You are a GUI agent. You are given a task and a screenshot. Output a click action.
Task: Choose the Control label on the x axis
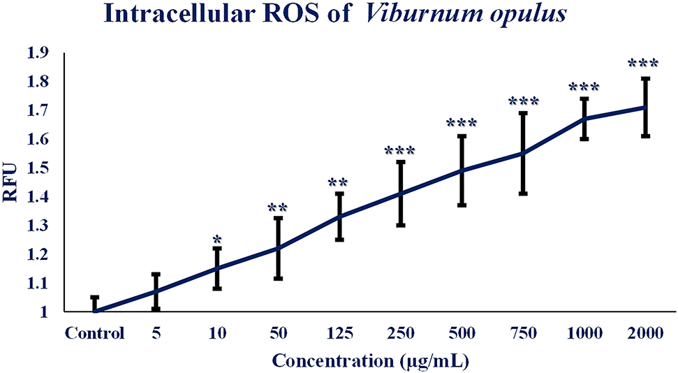click(x=95, y=332)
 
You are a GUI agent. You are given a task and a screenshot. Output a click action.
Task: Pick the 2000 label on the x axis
click(x=645, y=332)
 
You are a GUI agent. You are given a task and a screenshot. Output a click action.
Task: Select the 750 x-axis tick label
click(x=522, y=332)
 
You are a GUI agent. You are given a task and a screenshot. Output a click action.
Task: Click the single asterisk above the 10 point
click(x=216, y=239)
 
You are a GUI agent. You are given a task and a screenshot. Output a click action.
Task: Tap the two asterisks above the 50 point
click(x=277, y=208)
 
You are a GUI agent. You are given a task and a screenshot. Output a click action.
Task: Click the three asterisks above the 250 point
click(x=400, y=151)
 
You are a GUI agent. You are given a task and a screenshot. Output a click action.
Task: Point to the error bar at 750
click(x=522, y=153)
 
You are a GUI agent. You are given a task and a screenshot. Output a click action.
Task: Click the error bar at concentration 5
click(x=156, y=291)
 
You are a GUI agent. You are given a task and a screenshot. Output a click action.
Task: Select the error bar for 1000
click(x=584, y=119)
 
